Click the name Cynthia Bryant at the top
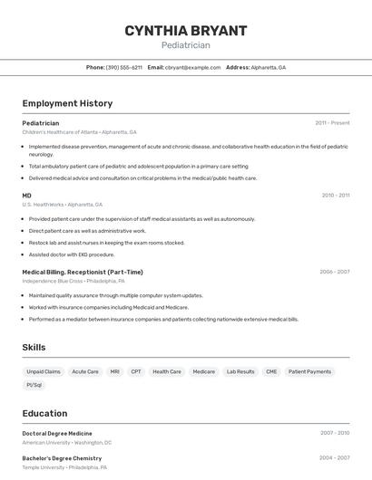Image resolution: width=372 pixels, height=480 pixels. [186, 31]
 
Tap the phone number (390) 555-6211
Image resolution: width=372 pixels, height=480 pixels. [124, 68]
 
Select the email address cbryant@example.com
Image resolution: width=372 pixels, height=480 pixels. [192, 68]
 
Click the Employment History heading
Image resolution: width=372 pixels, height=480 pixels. [67, 103]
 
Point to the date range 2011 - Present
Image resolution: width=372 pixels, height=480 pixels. [332, 123]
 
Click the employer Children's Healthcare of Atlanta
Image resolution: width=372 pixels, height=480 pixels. [61, 132]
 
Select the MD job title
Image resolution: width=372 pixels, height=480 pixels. [27, 196]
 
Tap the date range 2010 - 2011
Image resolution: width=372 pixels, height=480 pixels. [335, 196]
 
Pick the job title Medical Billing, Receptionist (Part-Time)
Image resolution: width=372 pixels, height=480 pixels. [83, 272]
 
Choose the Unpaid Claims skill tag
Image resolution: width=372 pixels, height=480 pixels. [44, 371]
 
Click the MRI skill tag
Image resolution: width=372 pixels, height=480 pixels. [114, 371]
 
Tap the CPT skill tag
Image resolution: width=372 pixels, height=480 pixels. [136, 371]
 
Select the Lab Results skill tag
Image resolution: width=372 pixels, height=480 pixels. [240, 371]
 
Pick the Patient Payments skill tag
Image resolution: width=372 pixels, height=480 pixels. [310, 371]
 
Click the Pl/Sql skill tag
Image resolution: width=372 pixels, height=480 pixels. [34, 385]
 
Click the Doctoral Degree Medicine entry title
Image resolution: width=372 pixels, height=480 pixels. [57, 434]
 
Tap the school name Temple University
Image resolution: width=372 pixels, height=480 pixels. [44, 467]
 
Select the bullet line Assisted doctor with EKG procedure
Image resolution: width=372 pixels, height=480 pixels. [72, 254]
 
